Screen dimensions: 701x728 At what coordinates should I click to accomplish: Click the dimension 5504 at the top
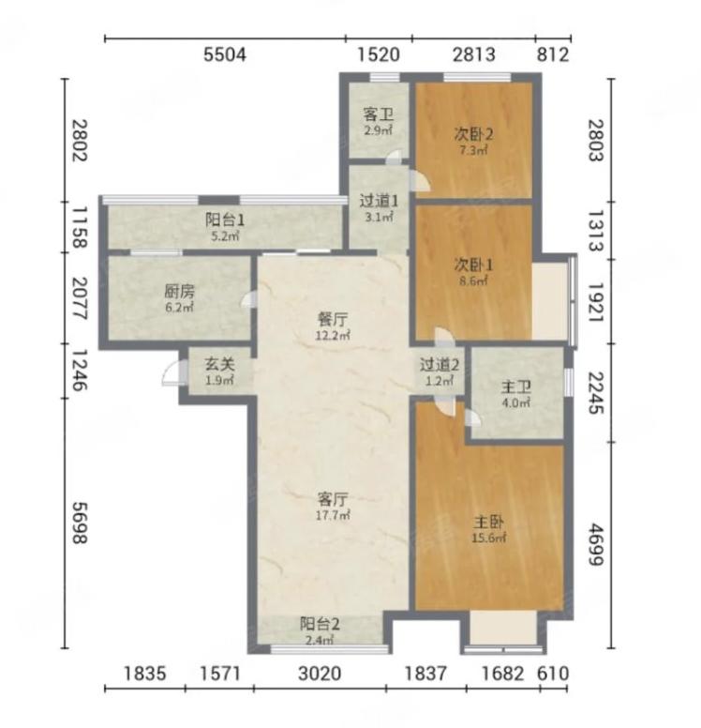pos(225,54)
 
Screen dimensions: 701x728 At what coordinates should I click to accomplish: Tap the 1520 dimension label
pos(379,54)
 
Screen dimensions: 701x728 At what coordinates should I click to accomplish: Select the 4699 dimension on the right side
pos(597,545)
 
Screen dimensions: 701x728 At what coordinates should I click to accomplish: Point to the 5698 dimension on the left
pos(80,523)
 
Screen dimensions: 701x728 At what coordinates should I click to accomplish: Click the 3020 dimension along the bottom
pos(320,674)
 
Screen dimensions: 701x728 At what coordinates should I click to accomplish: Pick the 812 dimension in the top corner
pos(553,54)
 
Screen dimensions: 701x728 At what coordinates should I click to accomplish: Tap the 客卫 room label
pos(378,114)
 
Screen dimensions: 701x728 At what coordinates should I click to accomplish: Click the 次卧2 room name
pos(473,135)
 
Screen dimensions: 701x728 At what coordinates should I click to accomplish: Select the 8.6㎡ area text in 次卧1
pos(473,281)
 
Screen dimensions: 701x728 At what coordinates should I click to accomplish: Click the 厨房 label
pos(180,292)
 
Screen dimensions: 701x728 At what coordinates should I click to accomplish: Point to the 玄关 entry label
pos(219,364)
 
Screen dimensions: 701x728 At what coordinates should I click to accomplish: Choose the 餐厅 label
pos(333,319)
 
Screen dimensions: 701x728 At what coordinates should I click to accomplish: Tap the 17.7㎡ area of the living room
pos(333,515)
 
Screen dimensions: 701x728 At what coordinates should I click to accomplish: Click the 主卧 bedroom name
pos(488,523)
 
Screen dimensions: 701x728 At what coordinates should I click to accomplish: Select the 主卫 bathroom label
pos(515,387)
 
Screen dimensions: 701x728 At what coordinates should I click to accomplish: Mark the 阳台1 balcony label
pos(225,220)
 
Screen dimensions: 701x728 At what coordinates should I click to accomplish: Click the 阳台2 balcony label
pos(320,624)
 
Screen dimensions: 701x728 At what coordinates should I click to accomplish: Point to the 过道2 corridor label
pos(440,365)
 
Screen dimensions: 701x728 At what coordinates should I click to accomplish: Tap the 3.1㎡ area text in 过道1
pos(379,217)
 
